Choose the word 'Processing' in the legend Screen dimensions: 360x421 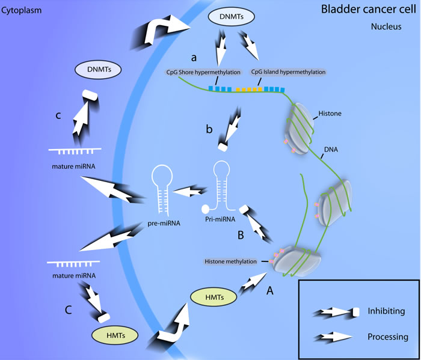pyautogui.click(x=388, y=337)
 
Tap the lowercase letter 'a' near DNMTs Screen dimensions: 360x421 pyautogui.click(x=194, y=58)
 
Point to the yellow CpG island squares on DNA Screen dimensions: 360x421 pyautogui.click(x=247, y=90)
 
